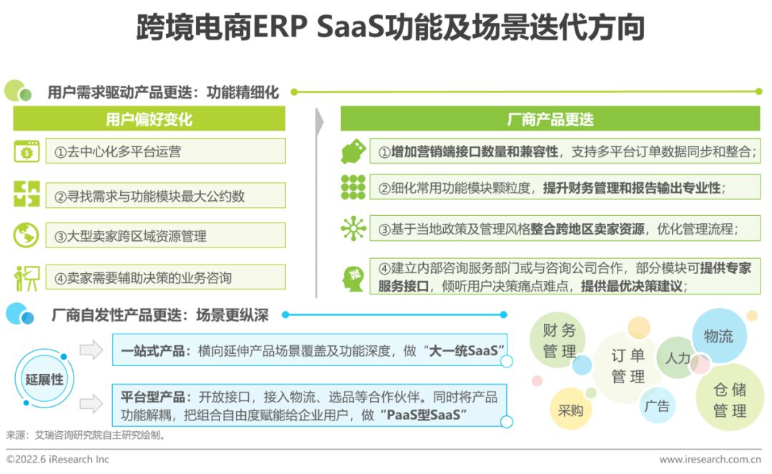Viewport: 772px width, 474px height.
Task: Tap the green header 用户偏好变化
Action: pos(149,119)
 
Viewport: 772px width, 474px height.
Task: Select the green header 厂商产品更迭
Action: pos(550,119)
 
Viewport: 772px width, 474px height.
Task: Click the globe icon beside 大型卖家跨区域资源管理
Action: pos(26,235)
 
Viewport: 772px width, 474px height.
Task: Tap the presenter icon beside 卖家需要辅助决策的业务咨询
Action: pos(26,277)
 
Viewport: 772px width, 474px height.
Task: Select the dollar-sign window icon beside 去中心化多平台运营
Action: pos(26,152)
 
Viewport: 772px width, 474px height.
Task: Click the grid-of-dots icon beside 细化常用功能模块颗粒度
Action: pos(353,187)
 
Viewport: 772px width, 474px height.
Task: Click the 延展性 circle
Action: pos(44,380)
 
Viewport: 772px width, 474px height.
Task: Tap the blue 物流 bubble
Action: pos(718,336)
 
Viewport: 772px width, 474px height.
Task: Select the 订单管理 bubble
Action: pos(628,365)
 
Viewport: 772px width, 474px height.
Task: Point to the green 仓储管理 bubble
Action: pos(729,400)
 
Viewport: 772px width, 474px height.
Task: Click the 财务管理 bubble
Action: pos(559,341)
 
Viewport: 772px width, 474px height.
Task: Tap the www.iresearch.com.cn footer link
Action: pos(709,460)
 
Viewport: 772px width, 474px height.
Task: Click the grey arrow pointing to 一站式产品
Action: pos(91,350)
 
